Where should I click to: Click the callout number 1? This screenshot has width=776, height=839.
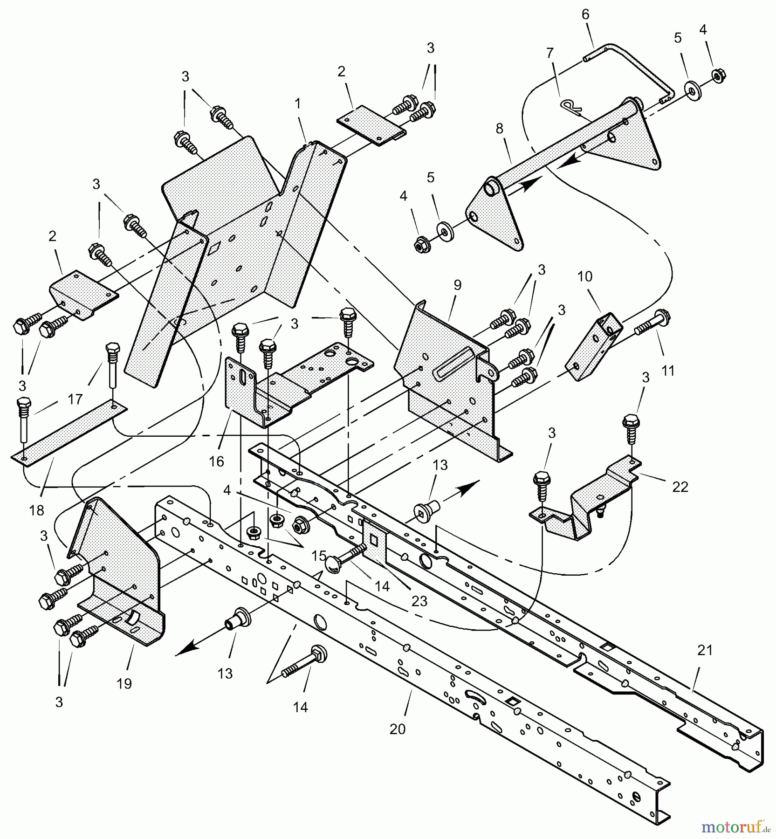(x=296, y=103)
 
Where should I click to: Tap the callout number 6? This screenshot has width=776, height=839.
(x=585, y=15)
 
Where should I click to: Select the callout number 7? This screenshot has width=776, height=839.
(x=550, y=53)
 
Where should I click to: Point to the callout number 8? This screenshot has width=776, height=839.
(x=500, y=128)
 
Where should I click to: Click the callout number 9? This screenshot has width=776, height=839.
(x=457, y=285)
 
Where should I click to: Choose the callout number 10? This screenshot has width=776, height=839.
(x=585, y=276)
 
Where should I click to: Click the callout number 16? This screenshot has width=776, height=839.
(x=217, y=461)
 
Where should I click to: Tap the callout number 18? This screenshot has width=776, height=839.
(x=37, y=510)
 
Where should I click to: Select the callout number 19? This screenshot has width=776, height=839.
(x=124, y=683)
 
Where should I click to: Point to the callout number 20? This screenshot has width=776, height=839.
(x=397, y=729)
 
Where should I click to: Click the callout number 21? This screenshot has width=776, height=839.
(x=705, y=650)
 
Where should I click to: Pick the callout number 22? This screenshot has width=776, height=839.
(x=680, y=487)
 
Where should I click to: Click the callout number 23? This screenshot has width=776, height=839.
(x=419, y=601)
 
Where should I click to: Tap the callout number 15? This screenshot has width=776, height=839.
(x=319, y=555)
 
